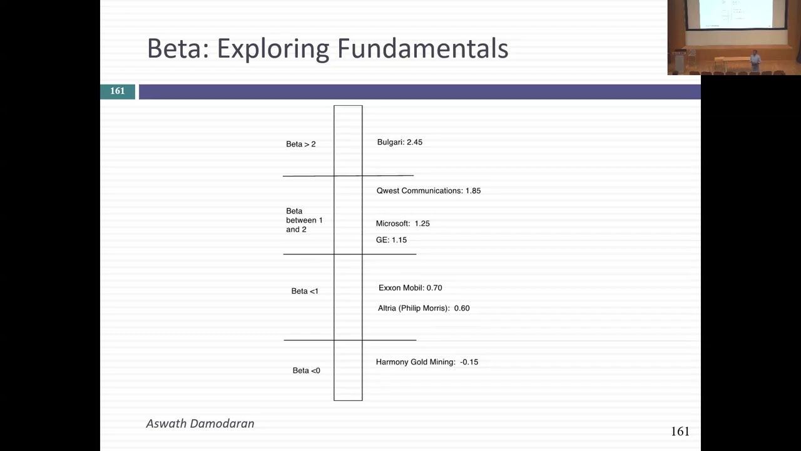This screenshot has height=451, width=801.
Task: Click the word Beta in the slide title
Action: coord(176,49)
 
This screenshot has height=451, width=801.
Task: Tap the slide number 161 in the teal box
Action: coord(118,91)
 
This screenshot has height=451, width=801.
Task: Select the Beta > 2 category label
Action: coord(301,144)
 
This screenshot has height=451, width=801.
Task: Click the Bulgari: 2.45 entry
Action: coord(399,142)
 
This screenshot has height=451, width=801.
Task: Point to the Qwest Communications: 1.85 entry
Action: coord(428,190)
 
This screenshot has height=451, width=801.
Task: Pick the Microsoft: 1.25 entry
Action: coord(402,224)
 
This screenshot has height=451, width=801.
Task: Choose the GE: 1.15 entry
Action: coord(391,240)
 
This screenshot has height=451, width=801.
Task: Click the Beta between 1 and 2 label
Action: coord(304,220)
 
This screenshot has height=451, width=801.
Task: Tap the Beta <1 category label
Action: coord(305,291)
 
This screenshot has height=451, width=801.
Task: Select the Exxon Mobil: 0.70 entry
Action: coord(410,288)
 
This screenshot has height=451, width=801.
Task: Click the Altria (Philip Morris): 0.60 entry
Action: coord(424,308)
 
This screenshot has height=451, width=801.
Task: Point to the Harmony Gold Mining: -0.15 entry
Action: coord(427,362)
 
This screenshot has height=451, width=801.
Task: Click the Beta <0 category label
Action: coord(306,371)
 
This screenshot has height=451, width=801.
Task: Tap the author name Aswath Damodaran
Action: coord(200,424)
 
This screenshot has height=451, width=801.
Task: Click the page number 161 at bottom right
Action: coord(680,432)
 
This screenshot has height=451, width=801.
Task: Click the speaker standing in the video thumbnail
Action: coord(755,60)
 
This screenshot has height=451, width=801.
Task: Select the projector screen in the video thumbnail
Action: coord(735,14)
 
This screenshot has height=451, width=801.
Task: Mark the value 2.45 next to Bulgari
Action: coord(414,142)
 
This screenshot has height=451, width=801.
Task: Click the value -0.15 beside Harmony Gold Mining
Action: coord(469,362)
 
